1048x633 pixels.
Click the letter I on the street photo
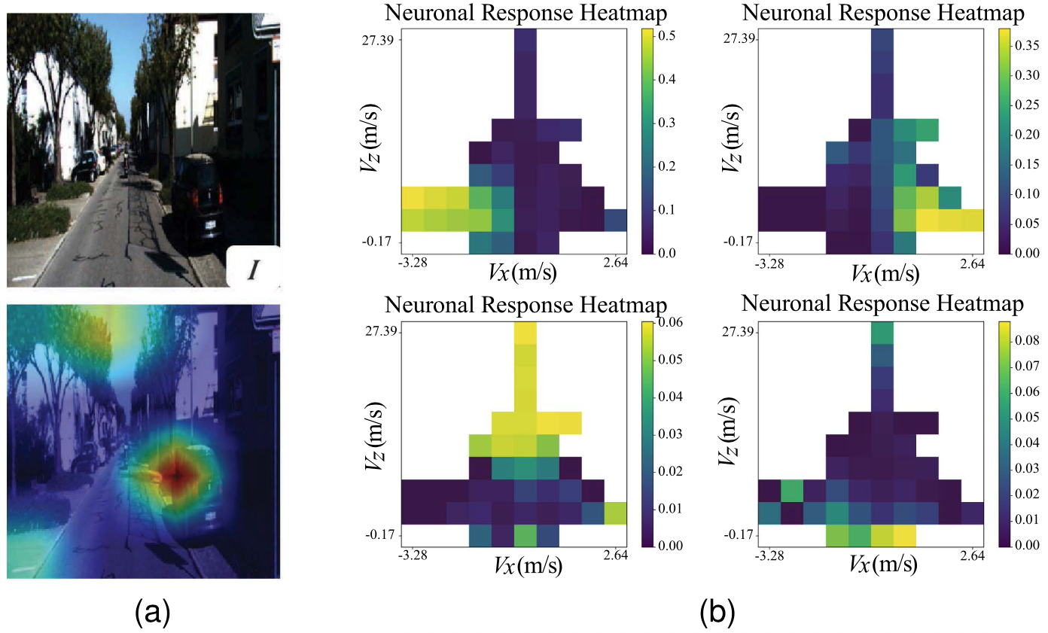point(253,266)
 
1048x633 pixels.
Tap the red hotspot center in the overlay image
point(176,476)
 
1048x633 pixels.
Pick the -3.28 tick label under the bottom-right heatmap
point(769,555)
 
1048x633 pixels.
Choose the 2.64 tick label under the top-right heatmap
point(971,263)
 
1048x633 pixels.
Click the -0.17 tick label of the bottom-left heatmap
point(382,534)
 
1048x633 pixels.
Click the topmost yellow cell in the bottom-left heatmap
point(526,333)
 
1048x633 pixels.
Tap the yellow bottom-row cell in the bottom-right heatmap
point(905,534)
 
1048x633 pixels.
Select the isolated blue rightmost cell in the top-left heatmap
point(615,221)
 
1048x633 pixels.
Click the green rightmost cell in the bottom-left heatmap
point(615,513)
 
